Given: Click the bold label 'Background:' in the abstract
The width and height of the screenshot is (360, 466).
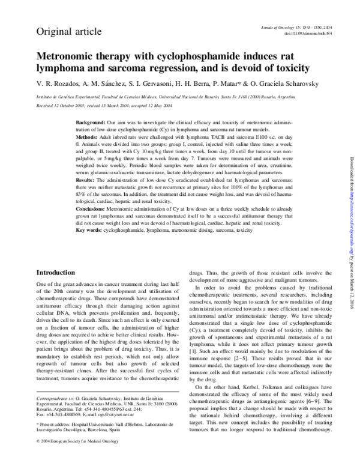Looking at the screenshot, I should (91, 122).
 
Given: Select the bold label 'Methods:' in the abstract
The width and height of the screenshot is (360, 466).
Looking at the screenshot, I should (88, 136).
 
